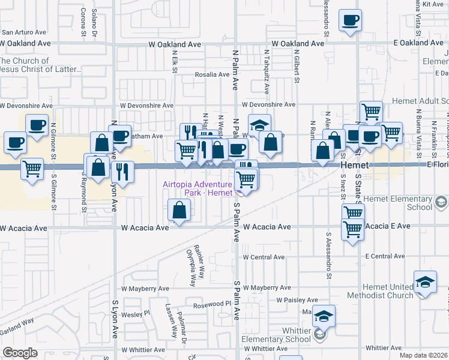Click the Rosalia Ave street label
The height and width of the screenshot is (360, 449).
212,75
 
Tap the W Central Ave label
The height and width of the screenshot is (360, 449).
264,257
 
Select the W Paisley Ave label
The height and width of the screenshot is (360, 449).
297,300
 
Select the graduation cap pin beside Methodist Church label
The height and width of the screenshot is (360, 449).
425,282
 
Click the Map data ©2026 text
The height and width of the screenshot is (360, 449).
424,355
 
